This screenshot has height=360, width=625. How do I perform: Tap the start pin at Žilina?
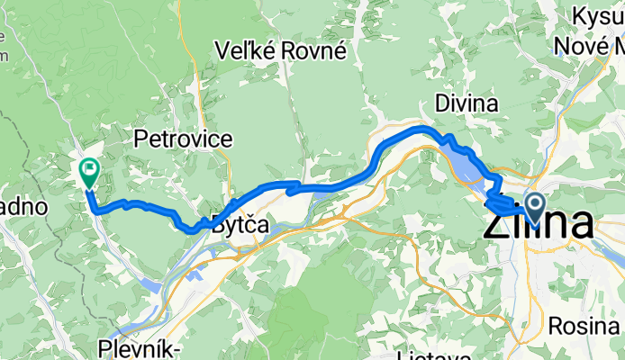(x=534, y=209)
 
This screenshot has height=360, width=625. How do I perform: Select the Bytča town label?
(x=240, y=227)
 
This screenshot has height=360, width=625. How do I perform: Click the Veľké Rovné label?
(x=282, y=51)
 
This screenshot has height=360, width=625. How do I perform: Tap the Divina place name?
(x=466, y=103)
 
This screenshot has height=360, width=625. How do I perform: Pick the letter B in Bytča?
(x=218, y=227)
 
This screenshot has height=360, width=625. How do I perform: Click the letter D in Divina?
(x=442, y=103)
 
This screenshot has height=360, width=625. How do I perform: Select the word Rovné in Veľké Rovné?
(x=314, y=51)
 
